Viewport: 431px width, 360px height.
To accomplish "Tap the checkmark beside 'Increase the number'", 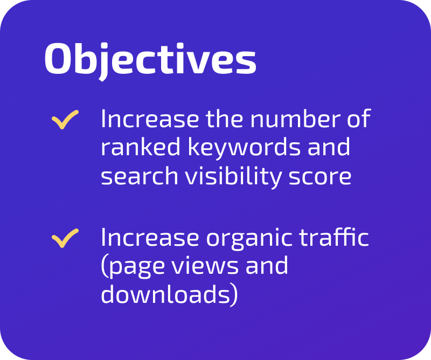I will click(x=65, y=120).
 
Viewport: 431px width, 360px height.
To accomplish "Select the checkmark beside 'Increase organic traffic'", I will click(x=65, y=238).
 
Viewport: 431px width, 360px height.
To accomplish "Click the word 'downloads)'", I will click(x=169, y=295).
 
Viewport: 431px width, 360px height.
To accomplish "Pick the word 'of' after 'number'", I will click(x=358, y=120).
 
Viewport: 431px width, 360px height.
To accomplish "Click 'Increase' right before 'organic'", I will click(x=144, y=238).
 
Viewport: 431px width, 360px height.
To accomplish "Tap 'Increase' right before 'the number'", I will click(x=144, y=120).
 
